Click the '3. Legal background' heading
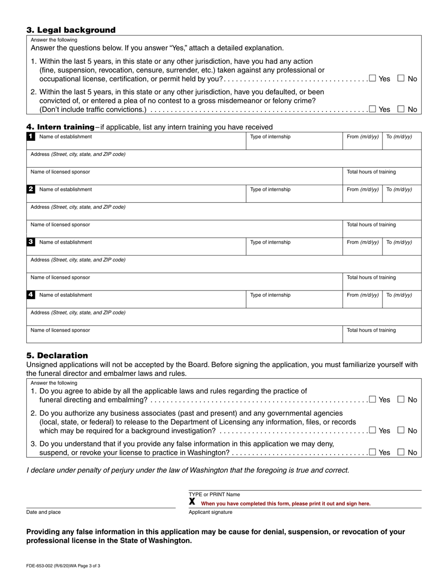[71, 30]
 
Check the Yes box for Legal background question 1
[373, 78]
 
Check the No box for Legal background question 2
[401, 109]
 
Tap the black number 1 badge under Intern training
[31, 137]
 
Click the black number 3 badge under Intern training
[31, 242]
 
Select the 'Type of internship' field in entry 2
[294, 193]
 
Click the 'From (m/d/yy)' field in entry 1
[362, 140]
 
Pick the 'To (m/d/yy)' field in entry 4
[401, 299]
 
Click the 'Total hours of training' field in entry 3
[382, 281]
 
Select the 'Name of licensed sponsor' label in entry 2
[60, 225]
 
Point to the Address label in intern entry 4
[78, 313]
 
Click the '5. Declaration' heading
[57, 356]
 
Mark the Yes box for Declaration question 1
[373, 400]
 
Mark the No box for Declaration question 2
[401, 430]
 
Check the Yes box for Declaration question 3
[373, 452]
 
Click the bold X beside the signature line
[192, 502]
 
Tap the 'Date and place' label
[43, 512]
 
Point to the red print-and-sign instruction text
[285, 504]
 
